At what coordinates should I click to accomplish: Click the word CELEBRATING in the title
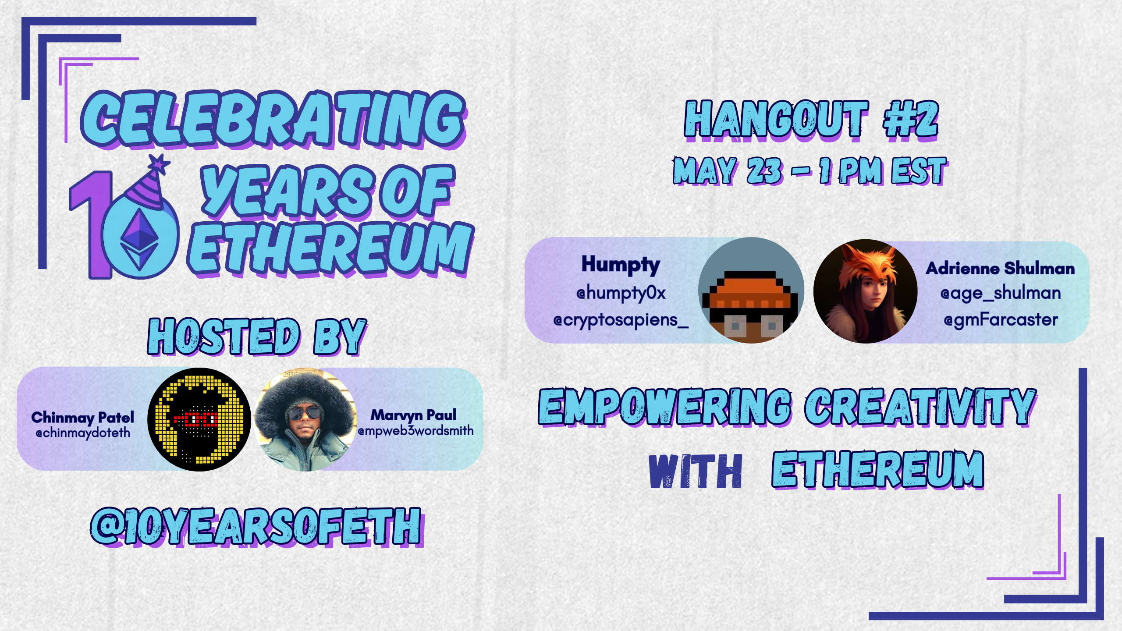click(x=273, y=119)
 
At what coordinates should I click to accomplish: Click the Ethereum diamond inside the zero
click(x=140, y=239)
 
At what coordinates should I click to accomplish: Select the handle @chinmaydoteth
click(x=83, y=433)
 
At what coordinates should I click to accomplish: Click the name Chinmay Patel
click(x=83, y=417)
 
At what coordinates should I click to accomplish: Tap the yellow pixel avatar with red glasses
click(x=199, y=419)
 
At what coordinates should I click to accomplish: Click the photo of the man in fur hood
click(x=305, y=419)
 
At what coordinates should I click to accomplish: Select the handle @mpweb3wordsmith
click(x=415, y=431)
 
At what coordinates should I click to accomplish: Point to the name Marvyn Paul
click(x=413, y=415)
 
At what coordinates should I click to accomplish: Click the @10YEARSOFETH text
click(x=257, y=527)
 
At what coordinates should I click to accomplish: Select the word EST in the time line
click(x=919, y=170)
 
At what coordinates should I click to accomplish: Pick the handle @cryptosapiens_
click(x=621, y=320)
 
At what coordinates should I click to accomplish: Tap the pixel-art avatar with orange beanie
click(x=751, y=290)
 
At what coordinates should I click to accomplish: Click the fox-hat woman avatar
click(x=866, y=291)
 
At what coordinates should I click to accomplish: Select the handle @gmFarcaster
click(x=1001, y=320)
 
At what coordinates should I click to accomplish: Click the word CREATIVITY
click(x=920, y=407)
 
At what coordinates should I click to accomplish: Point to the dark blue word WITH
click(x=696, y=471)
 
